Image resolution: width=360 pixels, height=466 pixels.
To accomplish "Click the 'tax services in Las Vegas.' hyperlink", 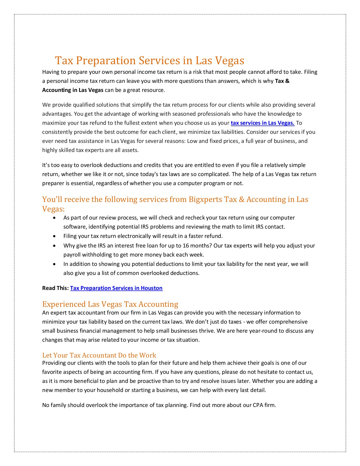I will coord(262,123).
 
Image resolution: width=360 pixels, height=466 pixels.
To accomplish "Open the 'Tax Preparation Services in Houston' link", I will coord(116,288).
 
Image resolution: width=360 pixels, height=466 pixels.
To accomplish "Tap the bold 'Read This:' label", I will coord(56,288).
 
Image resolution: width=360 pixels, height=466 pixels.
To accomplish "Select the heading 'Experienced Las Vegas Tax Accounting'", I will coord(110,304).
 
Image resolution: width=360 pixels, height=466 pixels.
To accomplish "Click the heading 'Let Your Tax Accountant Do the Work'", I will coord(99,355).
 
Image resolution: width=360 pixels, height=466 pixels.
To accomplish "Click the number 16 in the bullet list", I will coord(186,246).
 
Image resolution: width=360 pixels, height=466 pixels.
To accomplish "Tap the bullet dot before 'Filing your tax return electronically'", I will coord(54,236).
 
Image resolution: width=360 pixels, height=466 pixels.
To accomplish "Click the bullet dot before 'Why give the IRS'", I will coord(54,246).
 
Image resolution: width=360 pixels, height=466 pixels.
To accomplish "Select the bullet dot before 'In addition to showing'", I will coord(54,264).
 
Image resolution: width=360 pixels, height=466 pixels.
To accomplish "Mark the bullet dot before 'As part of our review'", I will coord(54,218).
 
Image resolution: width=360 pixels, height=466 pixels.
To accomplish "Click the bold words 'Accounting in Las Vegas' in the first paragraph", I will coord(73,90).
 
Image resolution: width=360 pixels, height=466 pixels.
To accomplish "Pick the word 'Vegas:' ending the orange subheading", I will coord(53,209).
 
